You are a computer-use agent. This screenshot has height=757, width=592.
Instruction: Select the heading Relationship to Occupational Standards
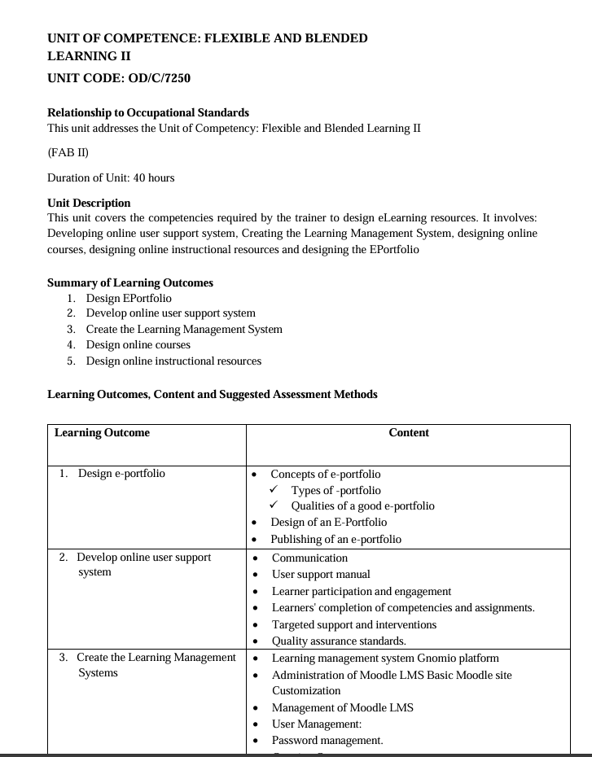click(148, 112)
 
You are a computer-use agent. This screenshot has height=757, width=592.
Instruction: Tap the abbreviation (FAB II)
click(68, 152)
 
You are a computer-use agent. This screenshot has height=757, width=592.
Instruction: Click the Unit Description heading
click(89, 203)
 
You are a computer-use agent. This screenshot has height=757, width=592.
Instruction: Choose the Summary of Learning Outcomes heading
click(130, 282)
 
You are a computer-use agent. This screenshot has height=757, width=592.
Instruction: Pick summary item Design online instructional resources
click(173, 361)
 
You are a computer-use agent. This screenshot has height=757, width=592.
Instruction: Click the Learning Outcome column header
click(102, 433)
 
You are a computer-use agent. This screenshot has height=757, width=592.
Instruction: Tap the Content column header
click(409, 433)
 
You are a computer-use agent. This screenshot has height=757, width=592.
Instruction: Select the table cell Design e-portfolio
click(121, 474)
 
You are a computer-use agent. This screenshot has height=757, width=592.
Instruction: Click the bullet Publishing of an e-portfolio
click(335, 539)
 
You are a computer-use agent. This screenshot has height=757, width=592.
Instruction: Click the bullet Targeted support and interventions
click(353, 624)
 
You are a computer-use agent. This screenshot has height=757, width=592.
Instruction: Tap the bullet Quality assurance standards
click(339, 641)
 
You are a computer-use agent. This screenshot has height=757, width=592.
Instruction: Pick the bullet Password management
click(327, 740)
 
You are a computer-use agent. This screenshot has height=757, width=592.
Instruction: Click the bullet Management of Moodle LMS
click(342, 707)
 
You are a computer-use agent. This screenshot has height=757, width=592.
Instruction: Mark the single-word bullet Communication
click(309, 558)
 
